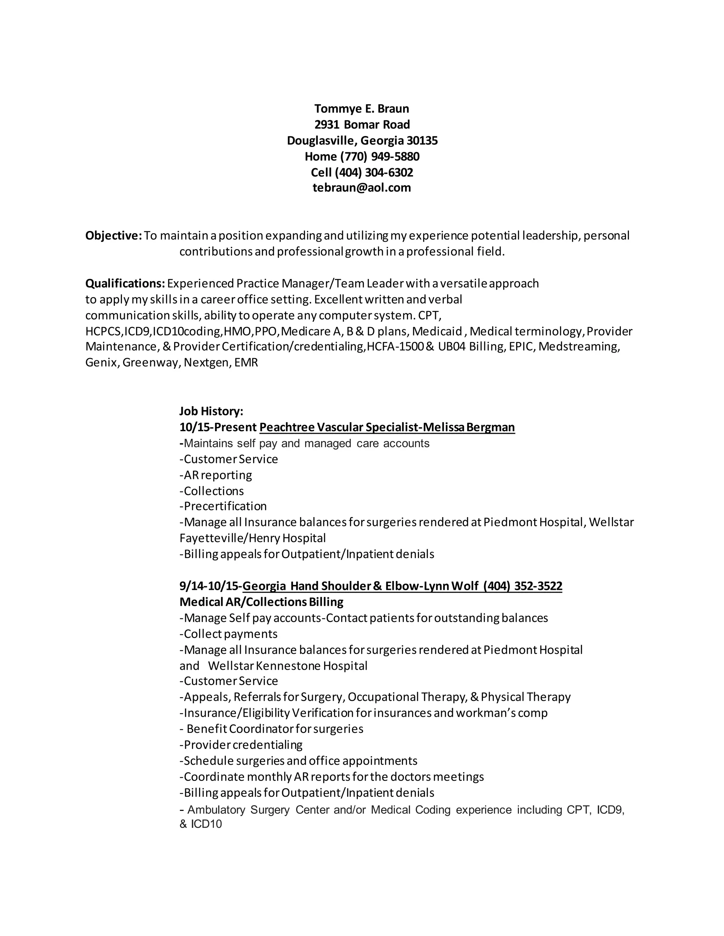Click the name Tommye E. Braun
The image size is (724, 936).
362,108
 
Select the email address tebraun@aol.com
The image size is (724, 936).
362,188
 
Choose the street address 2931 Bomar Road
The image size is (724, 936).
362,124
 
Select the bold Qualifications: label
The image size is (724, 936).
125,283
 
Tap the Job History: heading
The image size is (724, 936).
211,411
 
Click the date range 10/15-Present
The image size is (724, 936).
218,427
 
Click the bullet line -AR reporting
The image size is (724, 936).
216,475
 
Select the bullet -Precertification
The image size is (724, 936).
223,506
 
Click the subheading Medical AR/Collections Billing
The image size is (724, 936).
261,602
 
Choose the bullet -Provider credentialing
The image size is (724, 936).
241,745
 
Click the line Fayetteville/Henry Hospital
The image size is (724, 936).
252,538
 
